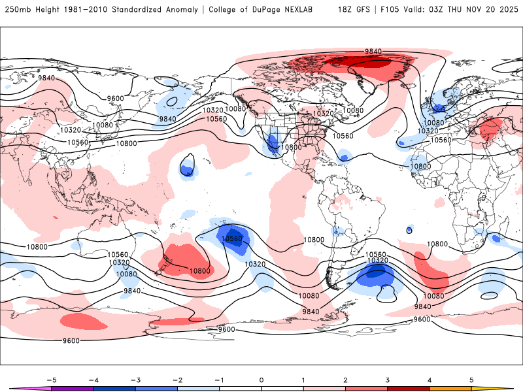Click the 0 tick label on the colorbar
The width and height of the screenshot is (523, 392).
coord(261,379)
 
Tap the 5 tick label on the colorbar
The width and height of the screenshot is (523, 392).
coord(471,379)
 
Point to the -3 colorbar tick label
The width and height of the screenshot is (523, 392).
coord(135,379)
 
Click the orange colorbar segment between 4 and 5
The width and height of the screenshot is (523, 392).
coord(450,387)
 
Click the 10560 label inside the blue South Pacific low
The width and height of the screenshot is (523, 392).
coord(233,238)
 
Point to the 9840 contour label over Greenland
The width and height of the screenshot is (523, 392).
coord(373,51)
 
